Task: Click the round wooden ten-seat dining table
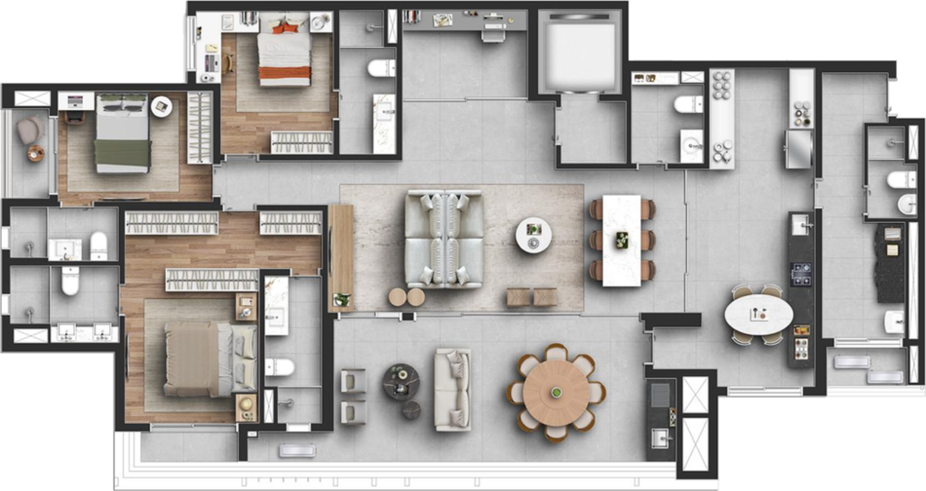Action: [x=556, y=391]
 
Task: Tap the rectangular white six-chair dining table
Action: [x=620, y=239]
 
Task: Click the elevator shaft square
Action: [x=580, y=52]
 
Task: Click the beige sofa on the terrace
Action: [x=453, y=389]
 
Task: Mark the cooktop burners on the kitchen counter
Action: [x=800, y=273]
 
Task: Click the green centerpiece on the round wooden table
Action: [x=557, y=393]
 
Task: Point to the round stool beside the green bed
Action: [x=162, y=105]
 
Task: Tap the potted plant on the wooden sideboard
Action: [x=342, y=299]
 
